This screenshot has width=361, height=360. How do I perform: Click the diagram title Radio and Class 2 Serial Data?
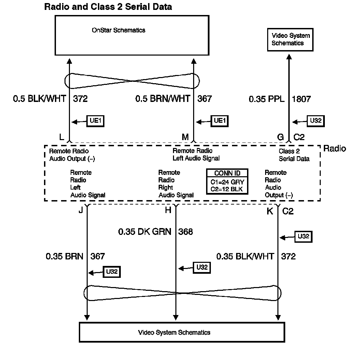tap(108, 7)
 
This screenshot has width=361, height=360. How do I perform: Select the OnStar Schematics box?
tap(132, 35)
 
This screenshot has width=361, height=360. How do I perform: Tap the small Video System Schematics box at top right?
tap(290, 40)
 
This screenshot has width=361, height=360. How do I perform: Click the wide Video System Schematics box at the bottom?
tap(182, 332)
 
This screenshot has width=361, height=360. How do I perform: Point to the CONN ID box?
tap(227, 182)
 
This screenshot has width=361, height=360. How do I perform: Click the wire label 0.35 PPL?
tap(266, 99)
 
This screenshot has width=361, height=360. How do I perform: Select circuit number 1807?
tap(301, 99)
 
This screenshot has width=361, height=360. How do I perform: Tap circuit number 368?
tap(185, 232)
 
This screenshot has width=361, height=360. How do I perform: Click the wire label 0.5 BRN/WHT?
tap(163, 99)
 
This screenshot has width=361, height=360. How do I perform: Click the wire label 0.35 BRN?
tap(64, 256)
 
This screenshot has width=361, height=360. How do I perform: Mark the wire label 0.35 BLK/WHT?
tap(245, 256)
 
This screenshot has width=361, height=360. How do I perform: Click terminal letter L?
tap(61, 137)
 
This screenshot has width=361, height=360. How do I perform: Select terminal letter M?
tap(185, 137)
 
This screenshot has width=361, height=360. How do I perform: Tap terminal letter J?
tap(81, 210)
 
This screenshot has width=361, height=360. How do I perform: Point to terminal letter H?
tap(168, 210)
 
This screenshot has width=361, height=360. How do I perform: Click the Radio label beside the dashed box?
tap(334, 149)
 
